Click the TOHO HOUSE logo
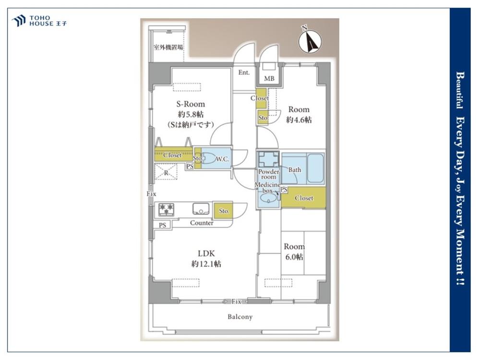point(39,21)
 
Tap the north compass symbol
point(310,41)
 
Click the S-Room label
point(191,104)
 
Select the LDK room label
point(206,253)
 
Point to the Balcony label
point(240,316)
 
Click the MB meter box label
point(269,79)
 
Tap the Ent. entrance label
point(244,72)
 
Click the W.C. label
point(222,159)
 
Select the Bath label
point(295,169)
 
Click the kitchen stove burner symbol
point(166,210)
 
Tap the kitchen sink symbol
point(201,209)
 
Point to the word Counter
point(202,223)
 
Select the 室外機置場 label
point(168,48)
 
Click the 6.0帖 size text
point(295,257)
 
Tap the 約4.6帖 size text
point(299,120)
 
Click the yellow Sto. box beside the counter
point(223,211)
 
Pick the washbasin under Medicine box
point(268,200)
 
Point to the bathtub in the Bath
point(315,168)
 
